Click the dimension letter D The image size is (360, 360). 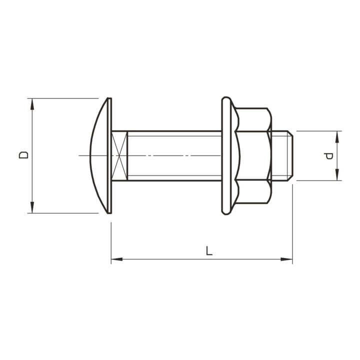tap(23, 155)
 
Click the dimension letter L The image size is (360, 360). tap(208, 250)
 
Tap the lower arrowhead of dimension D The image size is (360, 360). tap(32, 207)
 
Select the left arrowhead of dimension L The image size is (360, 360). tap(117, 259)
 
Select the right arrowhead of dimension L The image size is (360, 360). tap(287, 259)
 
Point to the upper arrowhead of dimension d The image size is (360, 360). tap(337, 137)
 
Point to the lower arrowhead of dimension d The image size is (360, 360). tap(337, 174)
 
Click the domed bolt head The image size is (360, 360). tap(98, 155)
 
